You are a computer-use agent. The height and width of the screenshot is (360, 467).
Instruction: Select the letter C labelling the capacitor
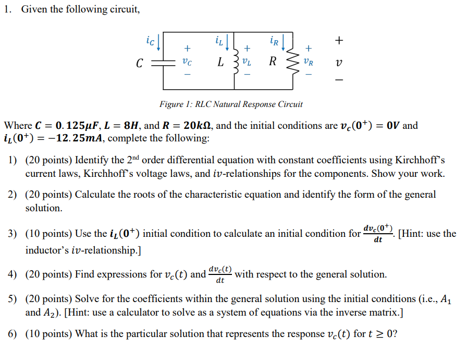[x=139, y=64]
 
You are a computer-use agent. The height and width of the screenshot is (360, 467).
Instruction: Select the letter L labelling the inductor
[x=221, y=63]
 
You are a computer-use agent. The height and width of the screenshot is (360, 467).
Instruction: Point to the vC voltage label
[x=187, y=63]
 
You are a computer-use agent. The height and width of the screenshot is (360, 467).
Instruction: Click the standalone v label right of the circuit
[x=339, y=63]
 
